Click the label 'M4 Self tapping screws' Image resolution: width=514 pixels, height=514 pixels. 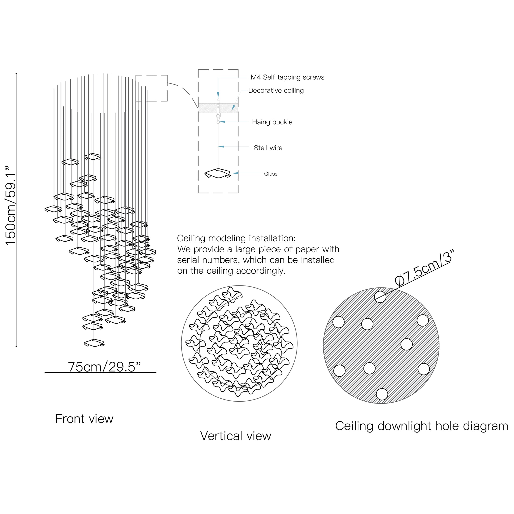coord(287,77)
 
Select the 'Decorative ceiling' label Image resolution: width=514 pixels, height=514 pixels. coord(276,90)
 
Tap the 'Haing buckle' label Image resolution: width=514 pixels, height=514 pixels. coord(272,122)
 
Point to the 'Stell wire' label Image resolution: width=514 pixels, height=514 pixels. coord(268,148)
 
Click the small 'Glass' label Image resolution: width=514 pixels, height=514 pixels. coord(271,174)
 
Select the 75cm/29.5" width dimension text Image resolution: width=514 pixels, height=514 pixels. coord(104,367)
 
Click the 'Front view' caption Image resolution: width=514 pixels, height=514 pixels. coord(84,419)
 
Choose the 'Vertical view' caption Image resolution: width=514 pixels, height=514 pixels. coord(236,436)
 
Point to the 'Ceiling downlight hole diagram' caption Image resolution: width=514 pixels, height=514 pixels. coord(421,426)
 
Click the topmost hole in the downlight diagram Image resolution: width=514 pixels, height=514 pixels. coord(380,297)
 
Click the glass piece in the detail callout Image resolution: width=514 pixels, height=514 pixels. coord(217,173)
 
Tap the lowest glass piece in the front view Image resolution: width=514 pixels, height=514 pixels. coord(94,343)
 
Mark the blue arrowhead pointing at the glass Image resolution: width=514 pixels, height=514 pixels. coord(236,173)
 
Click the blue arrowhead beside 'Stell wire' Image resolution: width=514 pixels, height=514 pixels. coord(221,146)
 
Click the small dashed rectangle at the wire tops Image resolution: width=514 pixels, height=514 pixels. coord(151,88)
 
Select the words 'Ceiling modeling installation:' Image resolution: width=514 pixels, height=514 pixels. coord(236,238)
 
